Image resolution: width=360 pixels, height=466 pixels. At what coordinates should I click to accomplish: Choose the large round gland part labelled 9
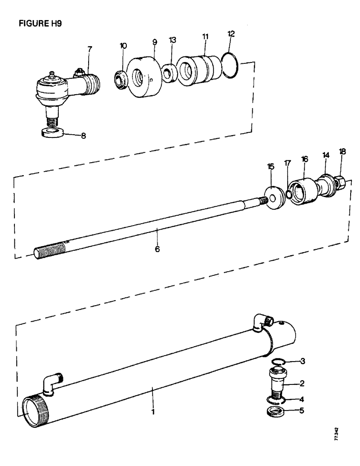pos(142,78)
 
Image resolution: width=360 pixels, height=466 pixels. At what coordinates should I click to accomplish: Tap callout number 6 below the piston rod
pos(157,249)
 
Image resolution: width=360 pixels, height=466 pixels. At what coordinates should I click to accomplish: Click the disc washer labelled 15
pos(274,199)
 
